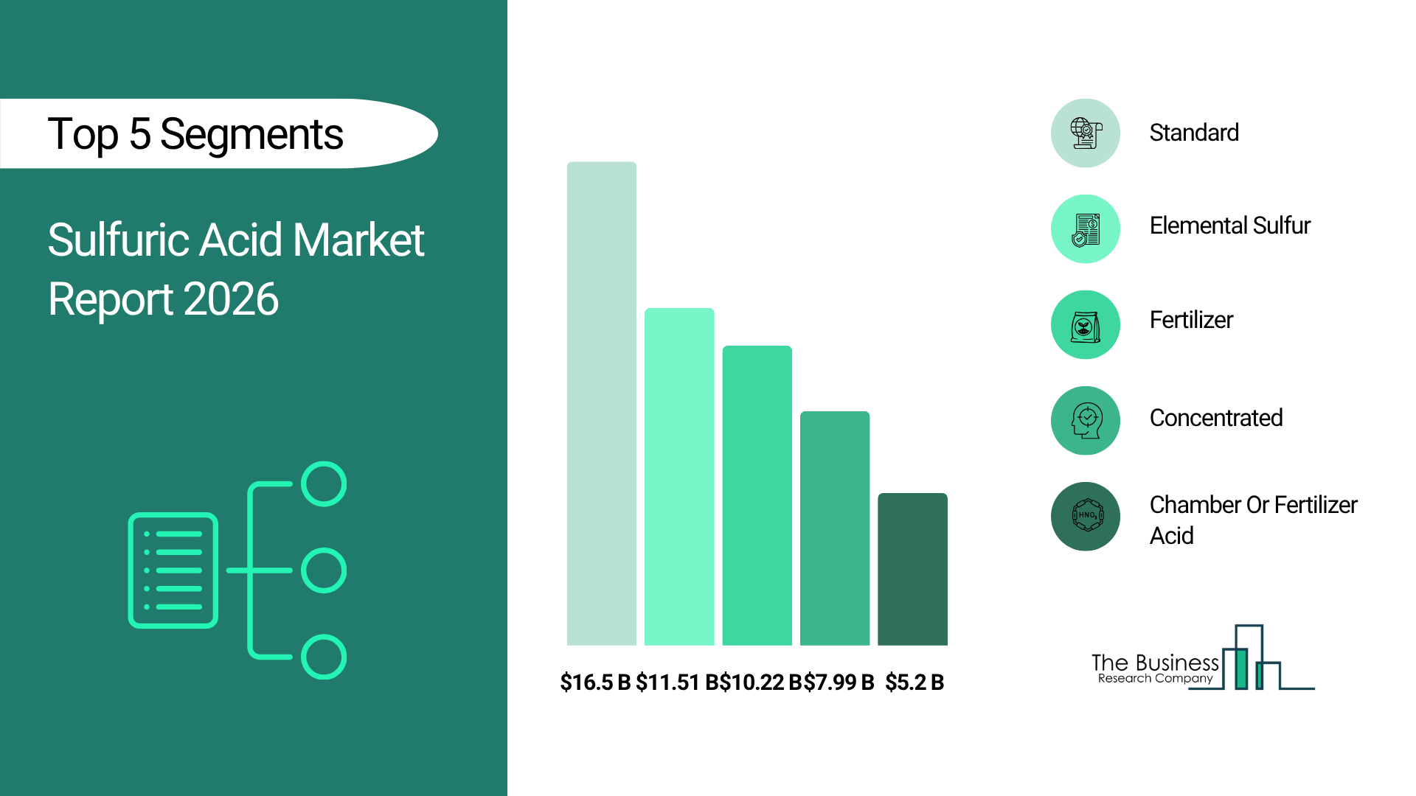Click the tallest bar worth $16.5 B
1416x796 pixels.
601,403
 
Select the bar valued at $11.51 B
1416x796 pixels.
679,477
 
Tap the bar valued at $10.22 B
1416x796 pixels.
757,495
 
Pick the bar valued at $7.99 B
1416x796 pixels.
835,528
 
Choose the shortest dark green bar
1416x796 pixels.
912,569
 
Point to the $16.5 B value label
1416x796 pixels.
595,682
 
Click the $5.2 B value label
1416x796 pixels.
914,682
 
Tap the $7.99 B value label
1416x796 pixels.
839,682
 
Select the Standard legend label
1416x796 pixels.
1194,133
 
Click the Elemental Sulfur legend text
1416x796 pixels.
1230,226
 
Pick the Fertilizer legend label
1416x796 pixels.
1191,320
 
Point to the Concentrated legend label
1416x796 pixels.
1216,418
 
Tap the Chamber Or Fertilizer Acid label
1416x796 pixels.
1253,520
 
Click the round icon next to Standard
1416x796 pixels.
1086,133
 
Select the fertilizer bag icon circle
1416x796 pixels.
1086,325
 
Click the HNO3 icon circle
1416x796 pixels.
1086,517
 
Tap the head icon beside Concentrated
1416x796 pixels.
1086,421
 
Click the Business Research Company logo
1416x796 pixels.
1203,657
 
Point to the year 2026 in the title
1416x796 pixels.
231,299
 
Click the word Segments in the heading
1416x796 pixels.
251,135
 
